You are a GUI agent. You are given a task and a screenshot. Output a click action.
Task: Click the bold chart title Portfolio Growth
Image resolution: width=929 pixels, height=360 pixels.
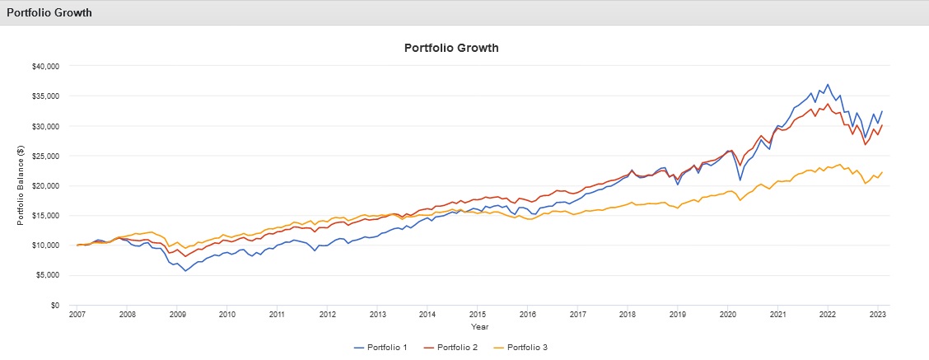451,48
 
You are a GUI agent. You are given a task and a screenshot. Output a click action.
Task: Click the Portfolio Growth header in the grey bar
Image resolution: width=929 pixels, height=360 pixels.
49,13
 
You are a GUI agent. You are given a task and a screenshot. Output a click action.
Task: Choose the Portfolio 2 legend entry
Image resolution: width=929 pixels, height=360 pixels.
458,347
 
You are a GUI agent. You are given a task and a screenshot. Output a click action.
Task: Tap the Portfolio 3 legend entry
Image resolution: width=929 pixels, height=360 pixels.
525,347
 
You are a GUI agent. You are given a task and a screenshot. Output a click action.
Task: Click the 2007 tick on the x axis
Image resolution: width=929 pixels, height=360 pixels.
77,315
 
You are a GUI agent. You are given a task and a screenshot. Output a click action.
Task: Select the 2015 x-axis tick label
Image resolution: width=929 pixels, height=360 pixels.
477,315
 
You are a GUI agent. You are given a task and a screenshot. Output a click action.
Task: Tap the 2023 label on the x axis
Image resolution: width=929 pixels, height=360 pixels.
877,315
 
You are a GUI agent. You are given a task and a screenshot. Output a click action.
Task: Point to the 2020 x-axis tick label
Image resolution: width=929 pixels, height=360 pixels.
727,315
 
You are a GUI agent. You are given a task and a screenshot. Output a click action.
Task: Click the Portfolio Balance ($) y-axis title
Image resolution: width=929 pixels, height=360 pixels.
22,185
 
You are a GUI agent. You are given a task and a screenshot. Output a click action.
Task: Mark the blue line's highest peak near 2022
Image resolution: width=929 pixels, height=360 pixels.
828,84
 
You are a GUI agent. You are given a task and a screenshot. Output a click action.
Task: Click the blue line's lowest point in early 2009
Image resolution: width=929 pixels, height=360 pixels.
185,271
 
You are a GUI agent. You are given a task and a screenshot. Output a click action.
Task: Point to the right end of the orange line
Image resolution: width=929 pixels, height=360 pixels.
882,172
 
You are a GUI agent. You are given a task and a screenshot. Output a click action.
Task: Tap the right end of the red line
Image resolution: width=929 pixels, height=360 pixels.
882,125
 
